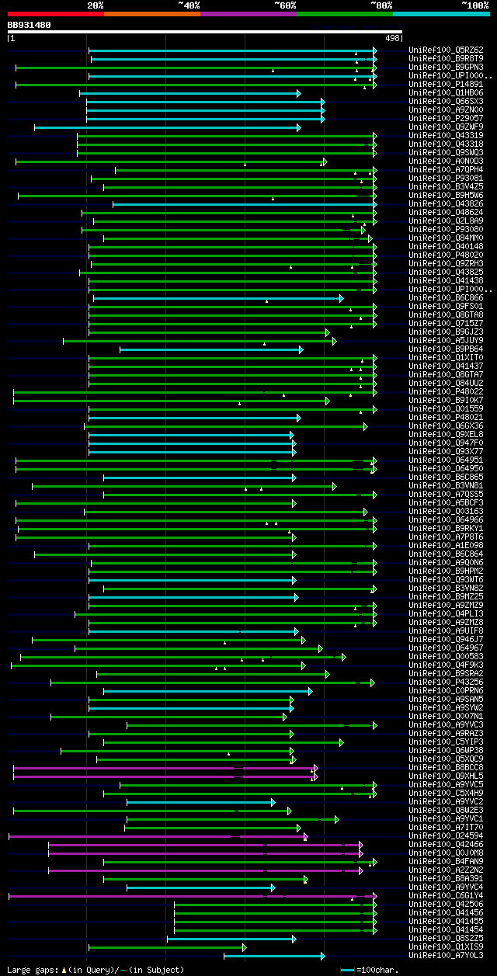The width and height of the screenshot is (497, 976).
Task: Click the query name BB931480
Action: tap(30, 25)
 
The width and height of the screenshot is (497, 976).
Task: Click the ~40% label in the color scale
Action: tap(189, 5)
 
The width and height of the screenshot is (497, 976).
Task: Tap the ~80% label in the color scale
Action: tap(381, 5)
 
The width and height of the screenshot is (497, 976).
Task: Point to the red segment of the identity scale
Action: tap(55, 14)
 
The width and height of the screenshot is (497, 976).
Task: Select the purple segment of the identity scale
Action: tap(248, 14)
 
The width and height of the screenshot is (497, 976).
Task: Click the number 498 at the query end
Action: tap(392, 38)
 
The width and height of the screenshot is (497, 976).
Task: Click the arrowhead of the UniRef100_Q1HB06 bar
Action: tap(298, 93)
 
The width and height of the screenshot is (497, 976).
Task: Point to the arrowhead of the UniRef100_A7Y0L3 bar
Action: tap(322, 956)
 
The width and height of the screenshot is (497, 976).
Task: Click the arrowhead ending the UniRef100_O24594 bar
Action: tap(306, 836)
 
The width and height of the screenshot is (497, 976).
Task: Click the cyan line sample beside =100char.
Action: tap(347, 970)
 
